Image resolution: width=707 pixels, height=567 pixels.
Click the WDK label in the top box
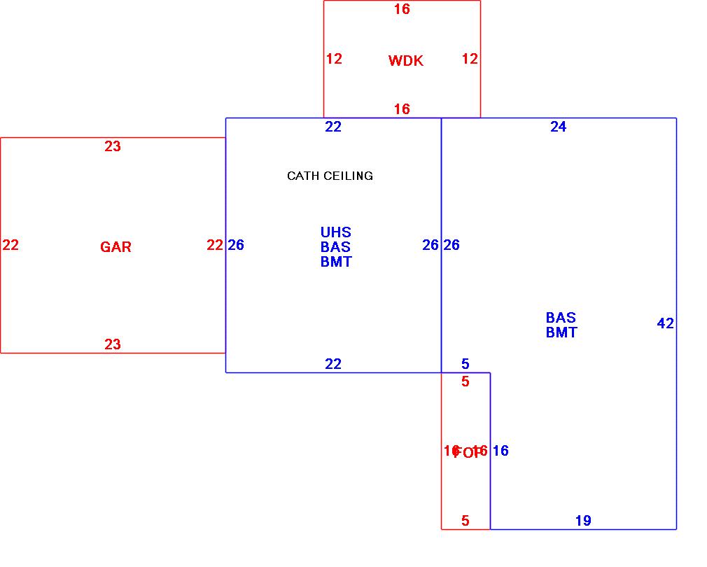(406, 61)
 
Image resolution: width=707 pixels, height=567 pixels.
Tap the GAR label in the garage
(115, 247)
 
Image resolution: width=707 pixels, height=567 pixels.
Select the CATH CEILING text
(330, 176)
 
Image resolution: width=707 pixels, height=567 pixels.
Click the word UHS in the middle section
(336, 232)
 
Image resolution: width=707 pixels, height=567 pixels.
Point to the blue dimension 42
(666, 323)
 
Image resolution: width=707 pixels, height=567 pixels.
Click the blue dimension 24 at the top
(558, 127)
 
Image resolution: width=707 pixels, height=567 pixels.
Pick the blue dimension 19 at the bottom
(583, 521)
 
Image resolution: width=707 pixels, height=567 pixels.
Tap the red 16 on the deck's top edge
(402, 9)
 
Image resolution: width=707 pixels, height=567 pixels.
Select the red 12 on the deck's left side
(334, 59)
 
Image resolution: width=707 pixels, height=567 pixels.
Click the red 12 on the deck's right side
(470, 59)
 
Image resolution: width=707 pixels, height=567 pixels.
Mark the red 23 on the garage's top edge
(113, 146)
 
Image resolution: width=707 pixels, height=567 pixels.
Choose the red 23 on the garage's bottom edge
(113, 344)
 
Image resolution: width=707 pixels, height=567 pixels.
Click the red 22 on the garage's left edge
(10, 245)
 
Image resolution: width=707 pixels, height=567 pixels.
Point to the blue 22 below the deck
(333, 127)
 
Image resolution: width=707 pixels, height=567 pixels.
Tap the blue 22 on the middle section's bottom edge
(333, 364)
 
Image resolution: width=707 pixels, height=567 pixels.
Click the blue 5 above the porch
(465, 364)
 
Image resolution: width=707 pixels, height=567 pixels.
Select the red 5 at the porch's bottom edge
(465, 521)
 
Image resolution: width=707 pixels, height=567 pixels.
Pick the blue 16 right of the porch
(500, 451)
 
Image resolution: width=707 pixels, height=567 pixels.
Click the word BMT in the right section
(561, 333)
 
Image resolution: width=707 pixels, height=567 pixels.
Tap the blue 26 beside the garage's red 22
(236, 245)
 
